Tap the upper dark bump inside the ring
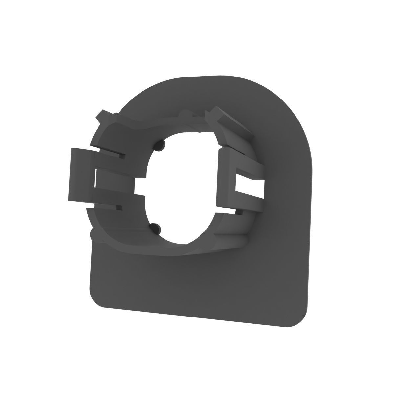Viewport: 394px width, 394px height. pos(161,144)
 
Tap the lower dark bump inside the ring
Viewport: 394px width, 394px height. pos(155,227)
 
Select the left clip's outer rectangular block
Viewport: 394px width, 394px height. pos(80,174)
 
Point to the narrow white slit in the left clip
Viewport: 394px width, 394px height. pos(96,179)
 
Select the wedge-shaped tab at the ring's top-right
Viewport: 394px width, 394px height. pos(230,121)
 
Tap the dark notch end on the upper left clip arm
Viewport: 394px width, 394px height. pos(122,155)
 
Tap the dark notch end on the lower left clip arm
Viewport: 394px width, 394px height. pos(118,208)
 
